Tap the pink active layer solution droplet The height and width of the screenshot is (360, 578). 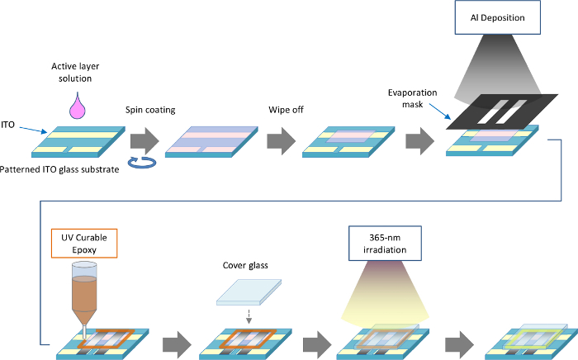pos(80,107)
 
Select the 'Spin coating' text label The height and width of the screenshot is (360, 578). pos(149,109)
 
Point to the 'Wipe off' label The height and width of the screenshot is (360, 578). pos(284,109)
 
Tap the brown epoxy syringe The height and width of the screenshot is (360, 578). pos(85,292)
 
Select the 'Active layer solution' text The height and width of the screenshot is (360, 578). pos(79,73)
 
